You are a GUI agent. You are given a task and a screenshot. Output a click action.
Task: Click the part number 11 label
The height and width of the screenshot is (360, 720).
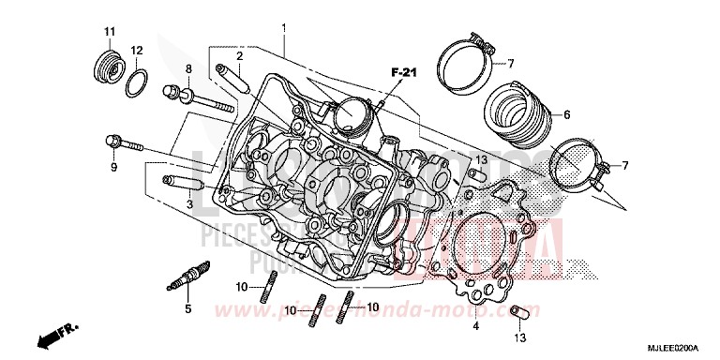109,33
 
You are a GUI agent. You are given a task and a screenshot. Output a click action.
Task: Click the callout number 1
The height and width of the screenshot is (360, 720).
283,29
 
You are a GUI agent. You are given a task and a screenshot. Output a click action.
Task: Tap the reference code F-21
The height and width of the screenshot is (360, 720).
401,71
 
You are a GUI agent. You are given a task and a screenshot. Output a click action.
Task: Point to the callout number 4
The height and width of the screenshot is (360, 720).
476,327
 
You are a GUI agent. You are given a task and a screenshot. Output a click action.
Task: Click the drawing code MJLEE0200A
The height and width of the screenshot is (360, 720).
680,348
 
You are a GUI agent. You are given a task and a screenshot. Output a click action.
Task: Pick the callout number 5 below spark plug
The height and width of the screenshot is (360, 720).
187,308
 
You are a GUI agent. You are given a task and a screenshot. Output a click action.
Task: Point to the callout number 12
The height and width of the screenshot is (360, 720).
137,50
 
